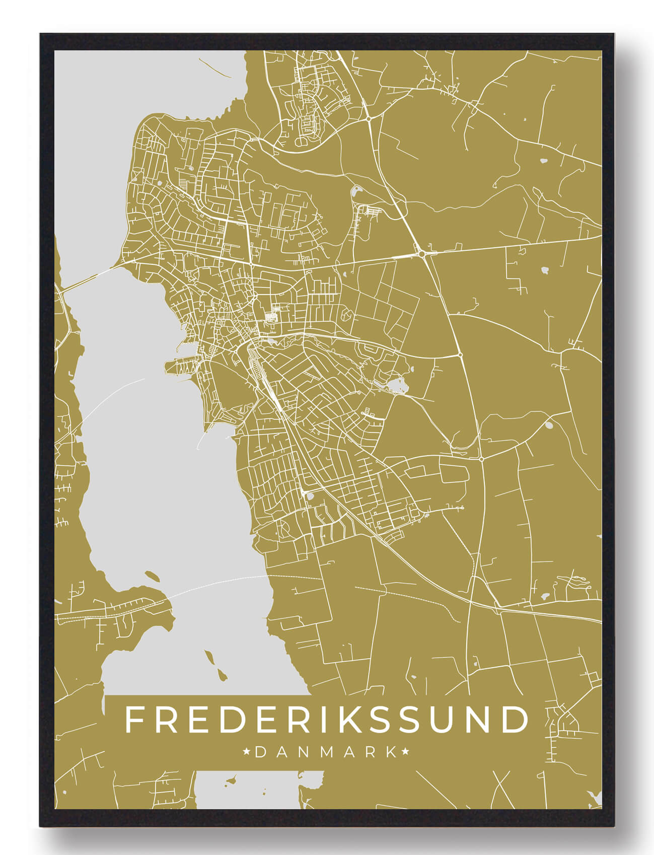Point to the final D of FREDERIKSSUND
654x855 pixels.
coord(514,720)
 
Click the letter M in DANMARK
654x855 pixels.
coord(326,752)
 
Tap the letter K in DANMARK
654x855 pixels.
coord(391,752)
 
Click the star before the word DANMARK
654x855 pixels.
coord(247,752)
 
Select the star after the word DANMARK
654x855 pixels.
coord(405,752)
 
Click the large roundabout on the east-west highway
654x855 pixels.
coord(421,254)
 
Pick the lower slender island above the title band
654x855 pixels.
coord(221,674)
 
